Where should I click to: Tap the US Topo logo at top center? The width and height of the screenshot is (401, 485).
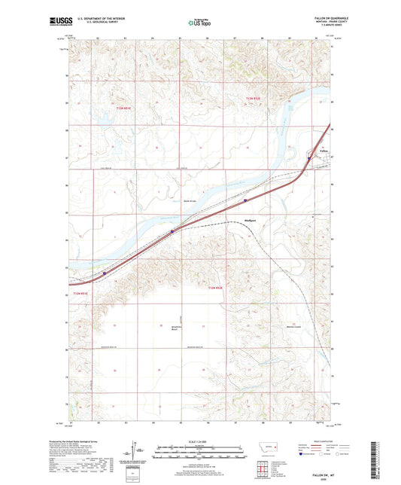199,23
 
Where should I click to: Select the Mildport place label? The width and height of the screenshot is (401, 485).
252,221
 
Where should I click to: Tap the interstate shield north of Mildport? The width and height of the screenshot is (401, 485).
245,200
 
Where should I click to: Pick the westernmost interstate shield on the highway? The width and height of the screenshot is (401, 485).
105,273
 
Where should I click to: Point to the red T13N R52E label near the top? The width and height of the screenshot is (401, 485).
252,99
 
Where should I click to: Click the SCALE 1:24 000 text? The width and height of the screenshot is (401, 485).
200,441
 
